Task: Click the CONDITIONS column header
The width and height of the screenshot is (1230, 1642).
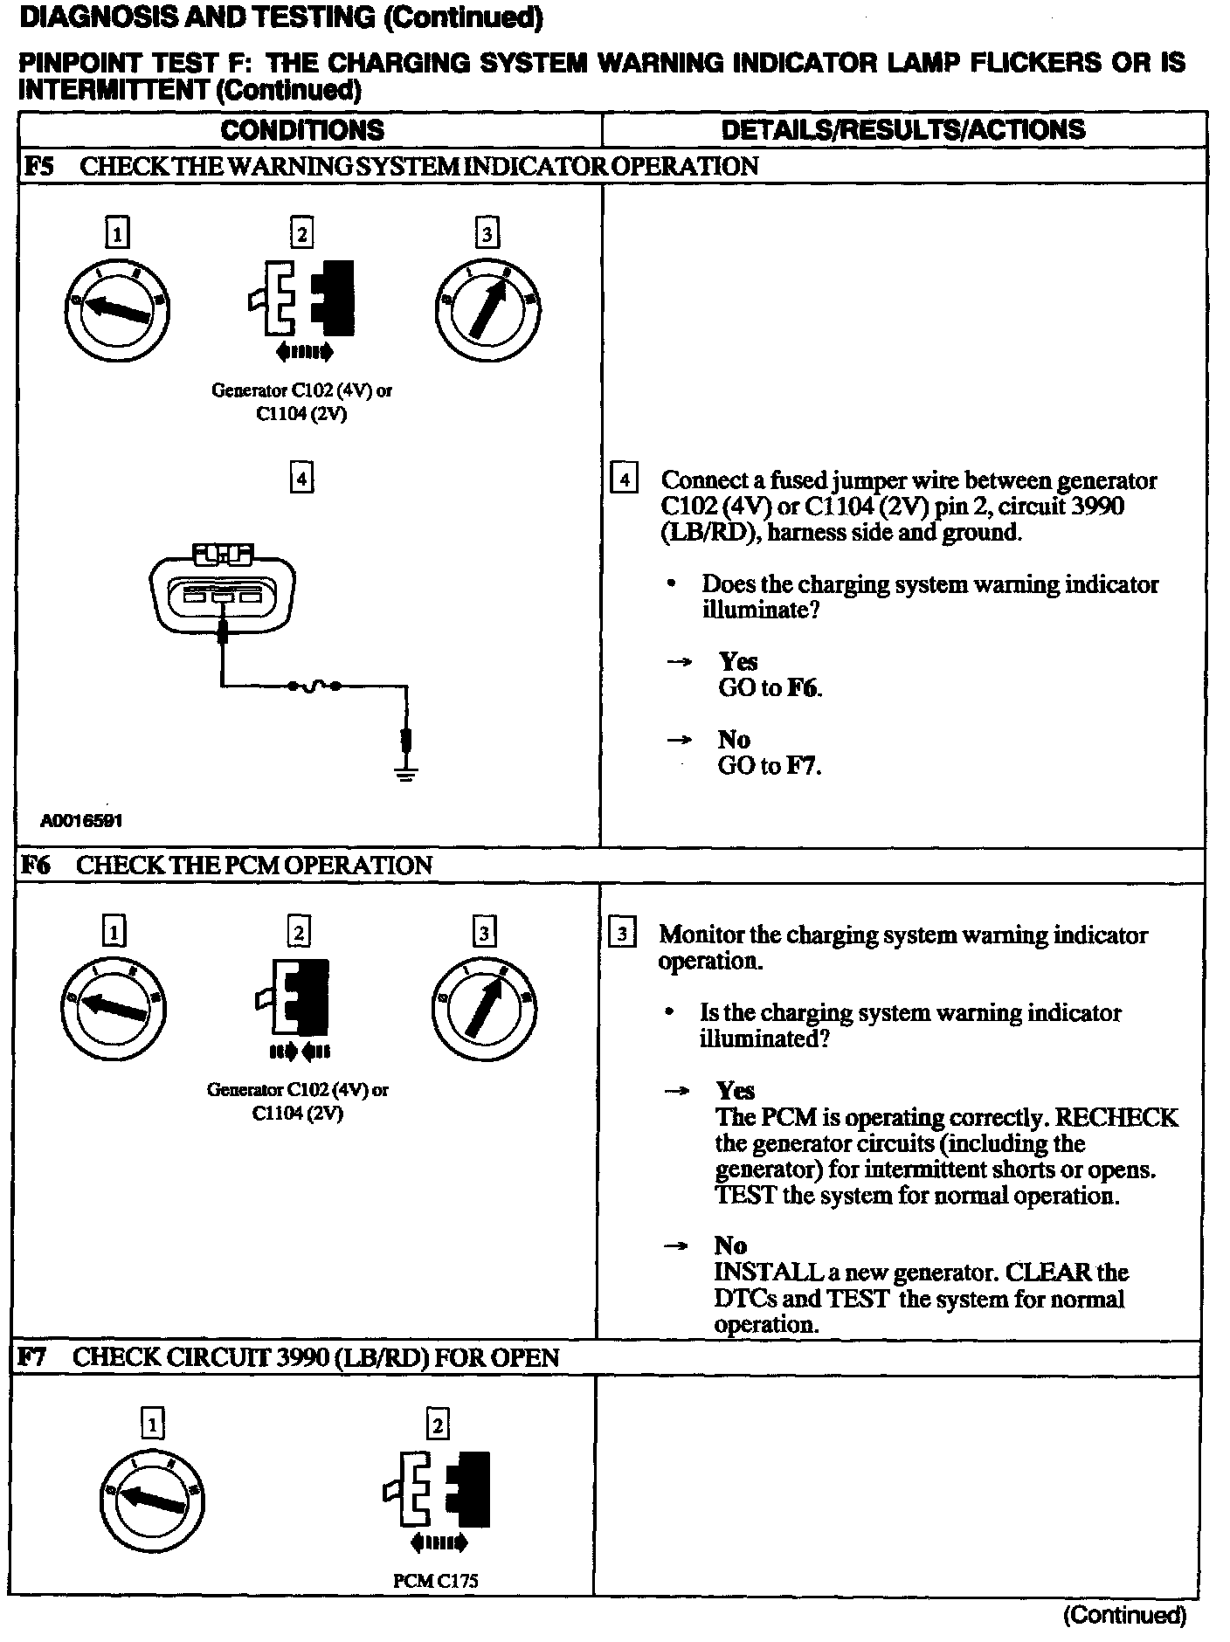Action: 302,130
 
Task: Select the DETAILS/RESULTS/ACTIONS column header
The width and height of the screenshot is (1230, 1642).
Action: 903,130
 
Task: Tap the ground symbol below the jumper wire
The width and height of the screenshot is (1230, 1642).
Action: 405,770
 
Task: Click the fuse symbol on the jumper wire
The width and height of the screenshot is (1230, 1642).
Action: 314,686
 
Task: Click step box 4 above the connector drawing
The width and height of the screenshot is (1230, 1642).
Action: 301,479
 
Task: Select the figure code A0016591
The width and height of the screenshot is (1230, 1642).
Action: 81,821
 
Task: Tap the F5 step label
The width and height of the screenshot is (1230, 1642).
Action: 38,166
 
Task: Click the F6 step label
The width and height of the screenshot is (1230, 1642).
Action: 36,865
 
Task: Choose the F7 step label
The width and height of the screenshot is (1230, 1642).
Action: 32,1357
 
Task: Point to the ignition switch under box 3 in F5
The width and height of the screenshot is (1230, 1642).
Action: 487,307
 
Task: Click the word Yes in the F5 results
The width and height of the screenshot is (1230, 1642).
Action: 738,662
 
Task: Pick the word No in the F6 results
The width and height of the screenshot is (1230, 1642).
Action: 730,1245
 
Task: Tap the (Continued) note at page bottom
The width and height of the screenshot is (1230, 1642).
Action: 1124,1615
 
